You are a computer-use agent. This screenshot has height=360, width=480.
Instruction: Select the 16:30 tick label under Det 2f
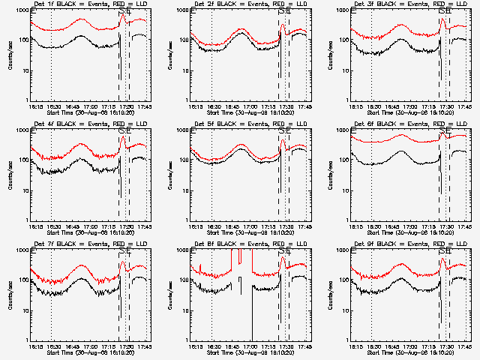(x=211, y=106)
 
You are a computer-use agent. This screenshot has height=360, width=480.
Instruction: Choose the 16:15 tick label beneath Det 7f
(x=33, y=346)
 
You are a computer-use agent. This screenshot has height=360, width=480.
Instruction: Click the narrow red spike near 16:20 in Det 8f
(x=199, y=268)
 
